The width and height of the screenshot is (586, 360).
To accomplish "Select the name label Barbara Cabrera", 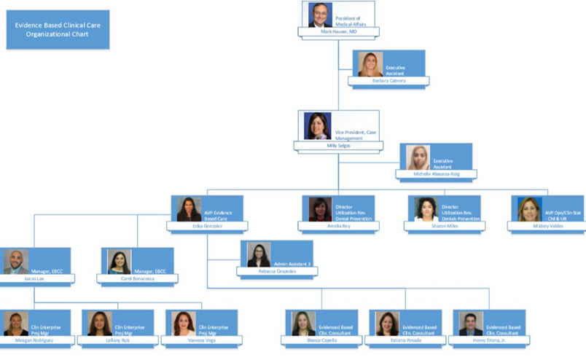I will point(388,80).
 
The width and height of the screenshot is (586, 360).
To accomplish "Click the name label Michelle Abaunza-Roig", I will point(437,174).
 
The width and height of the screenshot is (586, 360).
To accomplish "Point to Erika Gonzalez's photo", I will point(189,209).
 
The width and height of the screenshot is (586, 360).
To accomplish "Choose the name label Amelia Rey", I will point(339,226).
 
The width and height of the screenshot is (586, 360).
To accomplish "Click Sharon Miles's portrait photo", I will point(426,209).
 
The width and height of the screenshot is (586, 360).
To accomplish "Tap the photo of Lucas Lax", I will point(16,262).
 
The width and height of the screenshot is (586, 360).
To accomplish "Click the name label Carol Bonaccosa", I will point(138,278).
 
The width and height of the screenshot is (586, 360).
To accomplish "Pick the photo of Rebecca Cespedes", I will point(259,254).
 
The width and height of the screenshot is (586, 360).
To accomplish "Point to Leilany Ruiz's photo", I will point(100,323).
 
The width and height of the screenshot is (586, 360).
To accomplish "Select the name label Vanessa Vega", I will point(201,340).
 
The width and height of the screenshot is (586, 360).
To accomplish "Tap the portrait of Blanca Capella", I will point(303,323).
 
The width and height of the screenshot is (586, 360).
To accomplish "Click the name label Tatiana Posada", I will point(405,340).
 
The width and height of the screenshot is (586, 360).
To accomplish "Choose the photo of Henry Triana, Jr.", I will point(471,323).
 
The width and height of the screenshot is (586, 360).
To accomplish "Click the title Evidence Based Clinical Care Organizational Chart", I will point(58,29).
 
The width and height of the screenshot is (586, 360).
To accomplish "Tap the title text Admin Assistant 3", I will point(292,263).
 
